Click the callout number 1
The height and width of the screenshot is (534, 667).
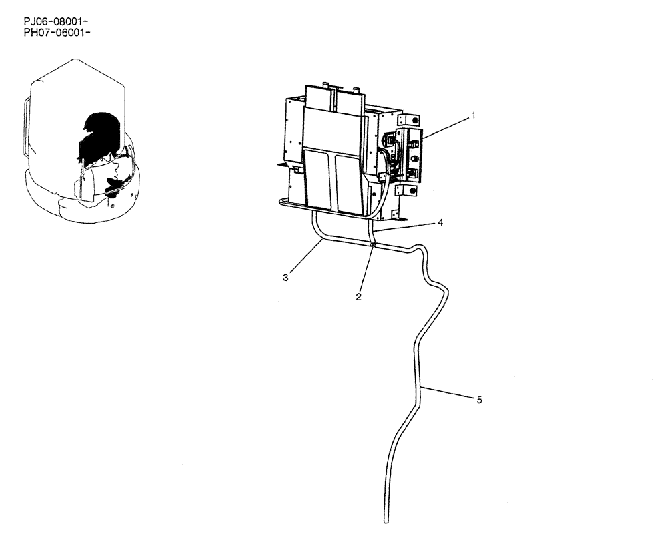click(473, 115)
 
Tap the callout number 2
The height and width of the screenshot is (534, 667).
click(358, 297)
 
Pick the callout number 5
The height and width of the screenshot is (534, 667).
click(479, 400)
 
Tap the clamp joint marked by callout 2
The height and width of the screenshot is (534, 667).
click(372, 245)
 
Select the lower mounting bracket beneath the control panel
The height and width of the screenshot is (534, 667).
click(406, 190)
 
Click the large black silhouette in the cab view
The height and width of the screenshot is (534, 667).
click(99, 133)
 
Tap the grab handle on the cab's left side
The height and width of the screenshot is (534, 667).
click(26, 127)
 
